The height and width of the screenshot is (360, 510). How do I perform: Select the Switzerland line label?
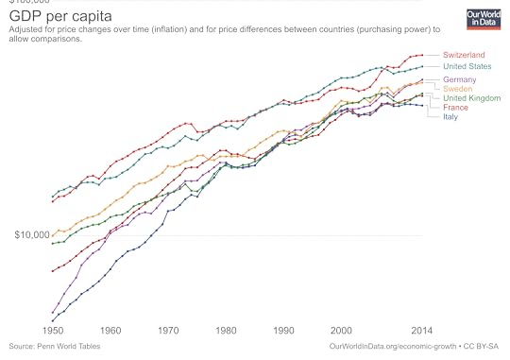(x=464, y=56)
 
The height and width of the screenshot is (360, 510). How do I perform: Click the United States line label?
(x=467, y=67)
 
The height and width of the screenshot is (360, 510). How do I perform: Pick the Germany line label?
(x=460, y=79)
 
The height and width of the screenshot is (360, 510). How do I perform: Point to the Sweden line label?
(x=458, y=89)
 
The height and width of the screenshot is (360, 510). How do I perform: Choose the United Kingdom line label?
(x=471, y=98)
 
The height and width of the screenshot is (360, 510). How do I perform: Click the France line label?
(x=456, y=108)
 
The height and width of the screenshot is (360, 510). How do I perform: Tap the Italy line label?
(x=451, y=117)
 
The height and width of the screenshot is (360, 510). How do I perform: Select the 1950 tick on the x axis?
(x=53, y=332)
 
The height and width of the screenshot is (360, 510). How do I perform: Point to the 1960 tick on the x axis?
(x=110, y=332)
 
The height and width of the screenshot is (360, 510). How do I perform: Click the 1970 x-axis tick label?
(x=168, y=332)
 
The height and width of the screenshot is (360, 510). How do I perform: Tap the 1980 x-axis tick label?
(x=226, y=332)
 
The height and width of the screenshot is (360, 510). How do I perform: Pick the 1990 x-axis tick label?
(x=283, y=332)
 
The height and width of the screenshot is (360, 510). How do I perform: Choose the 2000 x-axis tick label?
(x=341, y=332)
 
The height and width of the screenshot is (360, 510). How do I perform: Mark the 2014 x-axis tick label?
(x=421, y=332)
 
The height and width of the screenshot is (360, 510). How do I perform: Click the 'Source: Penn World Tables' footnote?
(x=55, y=347)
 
